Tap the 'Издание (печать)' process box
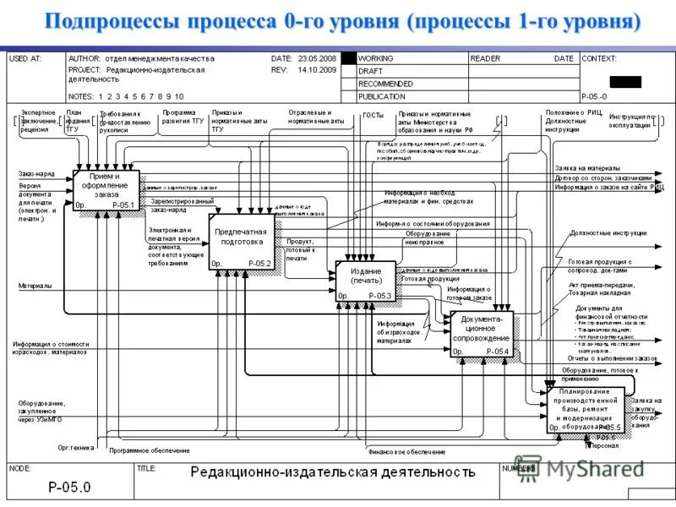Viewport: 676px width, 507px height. [366, 281]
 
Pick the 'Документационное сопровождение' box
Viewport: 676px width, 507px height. [482, 333]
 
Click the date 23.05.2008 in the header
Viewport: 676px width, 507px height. [315, 59]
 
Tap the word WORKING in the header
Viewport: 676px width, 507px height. [376, 59]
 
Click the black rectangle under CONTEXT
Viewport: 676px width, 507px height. [626, 82]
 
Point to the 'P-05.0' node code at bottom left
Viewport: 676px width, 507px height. [69, 486]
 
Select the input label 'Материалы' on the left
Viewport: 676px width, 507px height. [35, 286]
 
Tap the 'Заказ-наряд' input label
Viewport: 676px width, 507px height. [36, 173]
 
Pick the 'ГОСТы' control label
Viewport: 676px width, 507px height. [373, 115]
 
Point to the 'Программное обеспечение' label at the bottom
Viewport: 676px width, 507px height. [150, 450]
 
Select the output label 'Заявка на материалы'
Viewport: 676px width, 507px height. [587, 168]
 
